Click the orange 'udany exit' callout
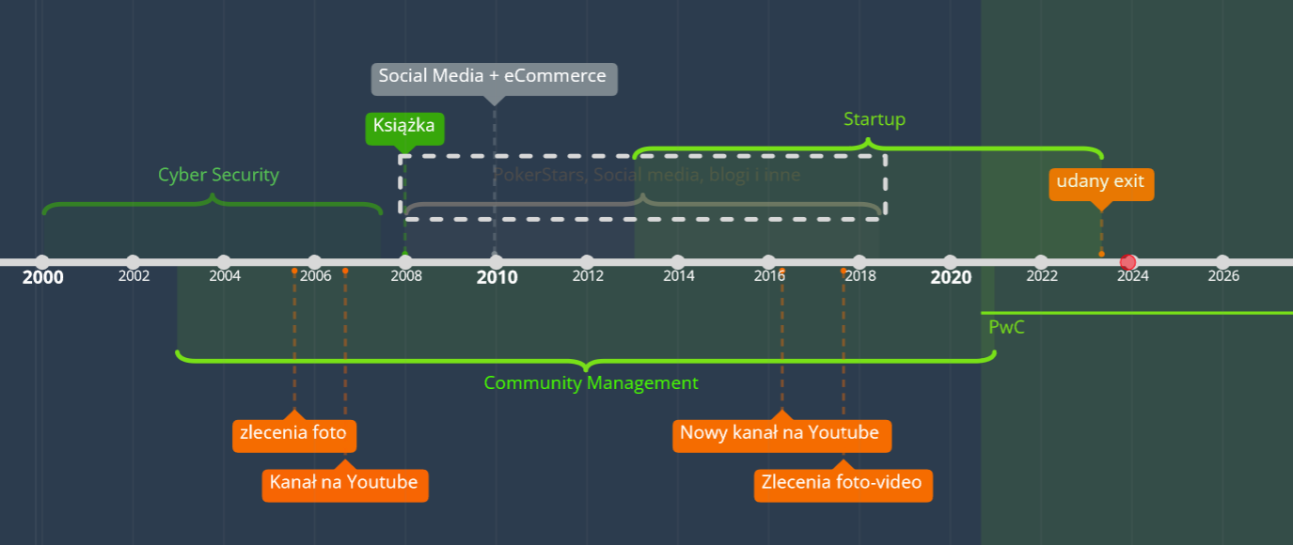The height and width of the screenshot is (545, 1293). click(x=1100, y=182)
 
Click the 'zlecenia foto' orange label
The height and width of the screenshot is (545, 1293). click(x=293, y=434)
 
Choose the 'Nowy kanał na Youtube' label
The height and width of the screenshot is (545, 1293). click(x=781, y=434)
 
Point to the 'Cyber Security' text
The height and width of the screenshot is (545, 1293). click(x=218, y=176)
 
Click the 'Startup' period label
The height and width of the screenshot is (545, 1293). click(x=874, y=119)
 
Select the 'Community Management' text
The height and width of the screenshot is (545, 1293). click(x=591, y=383)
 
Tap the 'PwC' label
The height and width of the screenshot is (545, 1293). click(x=1006, y=328)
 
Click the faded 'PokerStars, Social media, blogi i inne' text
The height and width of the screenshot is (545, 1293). click(x=647, y=175)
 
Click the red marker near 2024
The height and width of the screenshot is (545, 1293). click(x=1129, y=262)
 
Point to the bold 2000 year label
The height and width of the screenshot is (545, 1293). click(x=43, y=277)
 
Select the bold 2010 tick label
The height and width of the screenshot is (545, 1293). click(x=497, y=277)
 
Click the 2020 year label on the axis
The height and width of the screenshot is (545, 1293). click(x=951, y=277)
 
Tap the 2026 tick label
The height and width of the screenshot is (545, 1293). click(x=1222, y=276)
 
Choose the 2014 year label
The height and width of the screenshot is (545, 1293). click(x=678, y=276)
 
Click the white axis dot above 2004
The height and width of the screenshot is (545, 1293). click(x=224, y=261)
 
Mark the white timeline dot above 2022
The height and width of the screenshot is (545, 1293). click(x=1041, y=261)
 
